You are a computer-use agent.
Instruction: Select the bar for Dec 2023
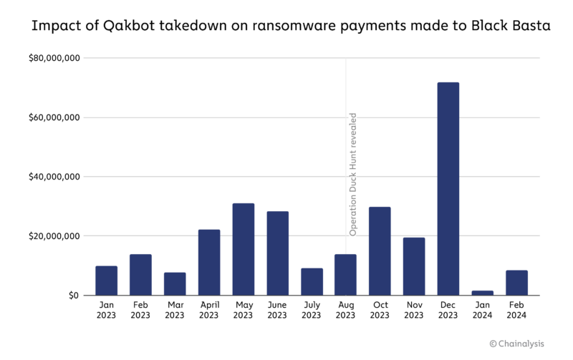pos(448,189)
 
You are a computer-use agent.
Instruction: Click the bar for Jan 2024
pos(483,293)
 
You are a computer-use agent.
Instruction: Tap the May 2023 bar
pos(243,249)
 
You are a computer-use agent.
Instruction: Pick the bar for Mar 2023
pos(175,283)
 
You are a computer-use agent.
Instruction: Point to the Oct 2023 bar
pos(380,251)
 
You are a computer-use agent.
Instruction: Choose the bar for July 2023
pos(312,281)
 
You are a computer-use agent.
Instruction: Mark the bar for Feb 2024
pos(516,283)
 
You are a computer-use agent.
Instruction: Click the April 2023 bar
pos(209,262)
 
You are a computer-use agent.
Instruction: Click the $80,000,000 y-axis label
pos(54,58)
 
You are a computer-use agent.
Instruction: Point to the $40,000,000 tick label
pos(54,177)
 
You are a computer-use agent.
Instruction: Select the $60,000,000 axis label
pos(54,117)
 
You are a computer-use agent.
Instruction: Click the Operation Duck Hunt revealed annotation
pos(352,174)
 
